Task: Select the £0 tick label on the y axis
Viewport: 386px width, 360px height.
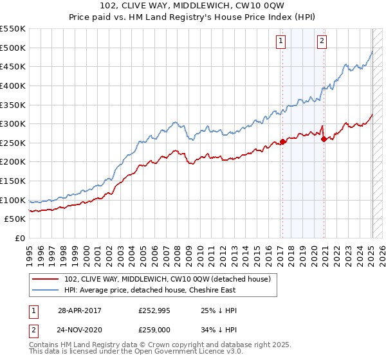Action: click(x=19, y=238)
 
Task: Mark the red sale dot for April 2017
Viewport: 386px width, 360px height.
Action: click(x=282, y=141)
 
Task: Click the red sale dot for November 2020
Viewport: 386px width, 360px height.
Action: click(x=324, y=139)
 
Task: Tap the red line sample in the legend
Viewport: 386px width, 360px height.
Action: click(x=46, y=278)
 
